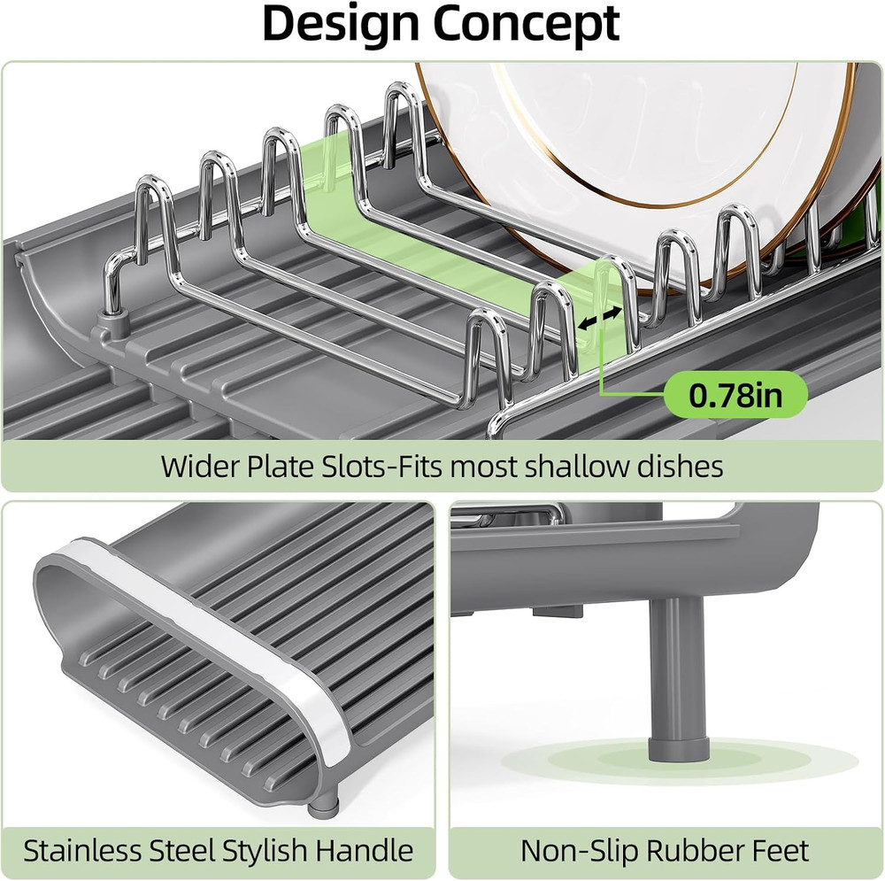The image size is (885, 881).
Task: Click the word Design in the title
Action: (x=342, y=24)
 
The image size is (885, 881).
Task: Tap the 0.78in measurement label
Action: (x=735, y=395)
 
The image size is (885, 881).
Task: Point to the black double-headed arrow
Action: (x=599, y=318)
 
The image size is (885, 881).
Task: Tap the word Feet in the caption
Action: (x=780, y=850)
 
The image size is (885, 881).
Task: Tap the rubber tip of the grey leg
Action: (x=676, y=748)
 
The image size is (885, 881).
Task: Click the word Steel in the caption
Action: (x=181, y=850)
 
